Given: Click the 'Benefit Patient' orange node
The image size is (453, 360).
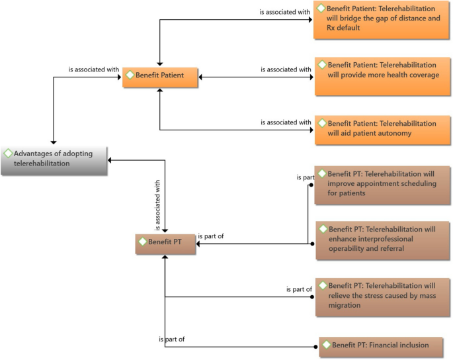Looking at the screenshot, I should click(x=161, y=77).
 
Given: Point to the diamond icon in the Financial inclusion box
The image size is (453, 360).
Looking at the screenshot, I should click(x=325, y=345).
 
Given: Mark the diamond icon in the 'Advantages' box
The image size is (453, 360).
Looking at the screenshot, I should click(x=8, y=154).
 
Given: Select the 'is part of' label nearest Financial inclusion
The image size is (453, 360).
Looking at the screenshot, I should click(x=171, y=339).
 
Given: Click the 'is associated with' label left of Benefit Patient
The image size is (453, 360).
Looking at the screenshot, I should click(x=93, y=68).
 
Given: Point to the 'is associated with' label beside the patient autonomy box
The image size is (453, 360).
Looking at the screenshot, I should click(x=285, y=122).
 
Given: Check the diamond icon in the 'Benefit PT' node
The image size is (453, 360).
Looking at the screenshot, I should click(x=142, y=242).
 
